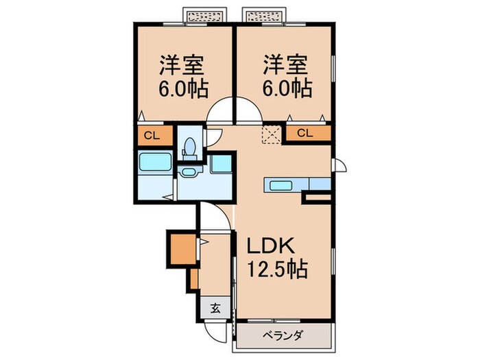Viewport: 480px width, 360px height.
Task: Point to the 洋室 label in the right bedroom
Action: [x=283, y=67]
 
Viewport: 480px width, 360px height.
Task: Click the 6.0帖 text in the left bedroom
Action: [x=184, y=89]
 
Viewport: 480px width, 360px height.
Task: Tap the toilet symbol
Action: [x=189, y=147]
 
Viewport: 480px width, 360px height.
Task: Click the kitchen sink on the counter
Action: [x=281, y=184]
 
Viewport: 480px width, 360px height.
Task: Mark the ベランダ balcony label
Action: [x=283, y=336]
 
